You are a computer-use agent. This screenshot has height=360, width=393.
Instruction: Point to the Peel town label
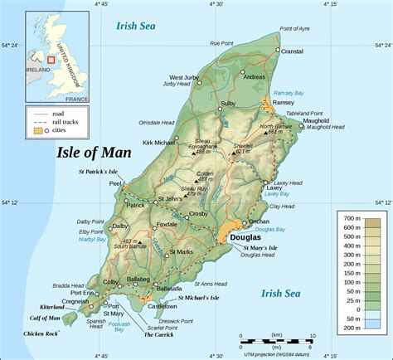click(115, 184)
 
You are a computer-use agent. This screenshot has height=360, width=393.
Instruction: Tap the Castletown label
click(162, 306)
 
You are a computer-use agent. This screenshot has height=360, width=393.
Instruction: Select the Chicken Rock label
click(41, 333)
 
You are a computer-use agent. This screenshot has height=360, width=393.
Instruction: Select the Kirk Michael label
click(159, 144)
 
